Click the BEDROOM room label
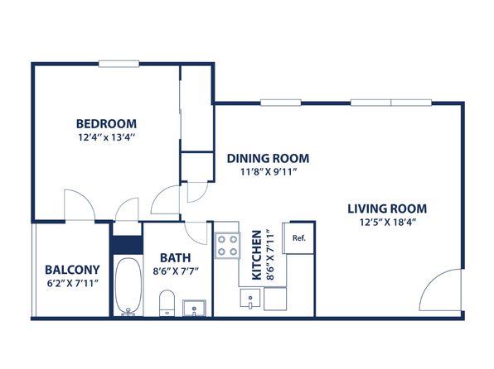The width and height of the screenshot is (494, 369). [106, 123]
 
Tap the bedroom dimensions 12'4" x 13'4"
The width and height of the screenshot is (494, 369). [106, 137]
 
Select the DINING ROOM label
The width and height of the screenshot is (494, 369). [268, 158]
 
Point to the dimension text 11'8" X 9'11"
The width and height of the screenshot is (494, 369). [269, 172]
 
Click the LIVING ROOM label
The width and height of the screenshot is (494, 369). [387, 208]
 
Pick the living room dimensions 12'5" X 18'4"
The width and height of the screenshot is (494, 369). [388, 223]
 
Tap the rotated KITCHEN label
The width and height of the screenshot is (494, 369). [257, 255]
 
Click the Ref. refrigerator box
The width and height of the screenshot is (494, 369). [298, 237]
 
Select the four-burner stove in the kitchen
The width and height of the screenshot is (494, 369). [227, 246]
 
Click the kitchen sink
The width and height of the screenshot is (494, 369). [250, 298]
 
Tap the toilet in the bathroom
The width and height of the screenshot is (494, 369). [167, 303]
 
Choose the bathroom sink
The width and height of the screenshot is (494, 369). [194, 308]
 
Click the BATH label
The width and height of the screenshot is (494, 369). [176, 257]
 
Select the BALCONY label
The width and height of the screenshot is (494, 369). [72, 270]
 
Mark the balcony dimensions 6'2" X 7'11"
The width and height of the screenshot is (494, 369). [73, 284]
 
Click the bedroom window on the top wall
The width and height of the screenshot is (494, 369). [119, 64]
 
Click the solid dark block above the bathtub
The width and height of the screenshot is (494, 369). [128, 245]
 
